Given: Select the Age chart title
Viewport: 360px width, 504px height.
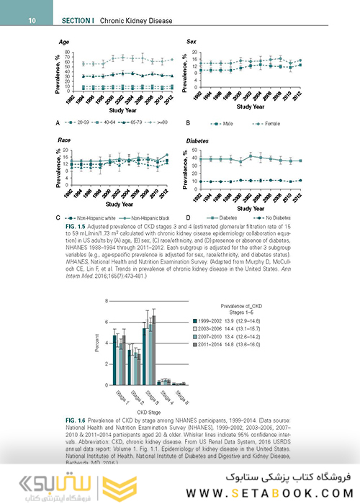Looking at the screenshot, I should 64,42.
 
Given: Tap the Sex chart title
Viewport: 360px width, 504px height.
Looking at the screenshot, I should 192,42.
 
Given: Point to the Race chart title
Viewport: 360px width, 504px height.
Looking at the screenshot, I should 66,141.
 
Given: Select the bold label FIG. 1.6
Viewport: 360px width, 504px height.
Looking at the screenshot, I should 75,419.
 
